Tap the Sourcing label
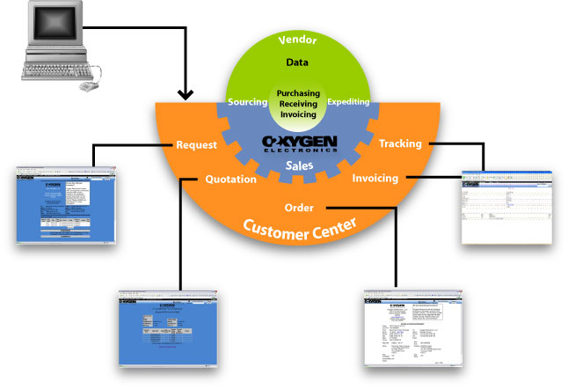coord(247,102)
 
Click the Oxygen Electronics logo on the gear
coord(300,143)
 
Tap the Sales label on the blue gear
coord(300,165)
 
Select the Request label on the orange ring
coord(198,144)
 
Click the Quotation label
coord(229,179)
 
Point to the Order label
coord(301,208)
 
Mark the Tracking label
coord(399,143)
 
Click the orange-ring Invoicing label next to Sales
coord(375,178)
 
